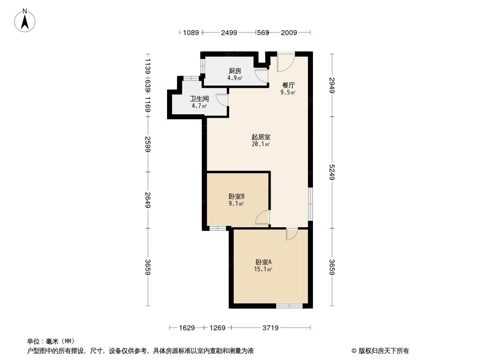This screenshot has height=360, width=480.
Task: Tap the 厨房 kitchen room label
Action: click(235, 71)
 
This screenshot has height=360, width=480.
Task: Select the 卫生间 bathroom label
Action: click(198, 99)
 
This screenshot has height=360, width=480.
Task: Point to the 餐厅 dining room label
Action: click(289, 85)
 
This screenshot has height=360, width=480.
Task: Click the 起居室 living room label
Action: click(261, 137)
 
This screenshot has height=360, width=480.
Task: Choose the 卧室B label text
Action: click(236, 196)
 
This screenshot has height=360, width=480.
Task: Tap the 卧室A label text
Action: click(263, 262)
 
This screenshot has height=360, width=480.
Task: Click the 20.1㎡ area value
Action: click(261, 144)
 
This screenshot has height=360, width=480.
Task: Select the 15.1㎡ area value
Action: click(263, 270)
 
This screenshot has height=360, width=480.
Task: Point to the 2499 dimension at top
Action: click(229, 32)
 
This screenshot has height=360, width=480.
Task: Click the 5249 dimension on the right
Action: click(332, 173)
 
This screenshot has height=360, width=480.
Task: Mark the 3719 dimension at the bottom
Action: click(270, 328)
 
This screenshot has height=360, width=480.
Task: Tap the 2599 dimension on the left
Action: click(147, 144)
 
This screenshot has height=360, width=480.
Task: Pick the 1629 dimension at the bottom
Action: click(186, 328)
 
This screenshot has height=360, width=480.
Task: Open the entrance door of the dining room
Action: click(285, 63)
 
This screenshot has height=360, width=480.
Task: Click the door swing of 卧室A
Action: click(291, 234)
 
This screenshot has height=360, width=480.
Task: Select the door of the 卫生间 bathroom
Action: click(222, 100)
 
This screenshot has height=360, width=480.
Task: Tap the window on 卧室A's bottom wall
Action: click(289, 306)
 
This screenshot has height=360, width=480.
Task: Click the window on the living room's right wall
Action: click(310, 204)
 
